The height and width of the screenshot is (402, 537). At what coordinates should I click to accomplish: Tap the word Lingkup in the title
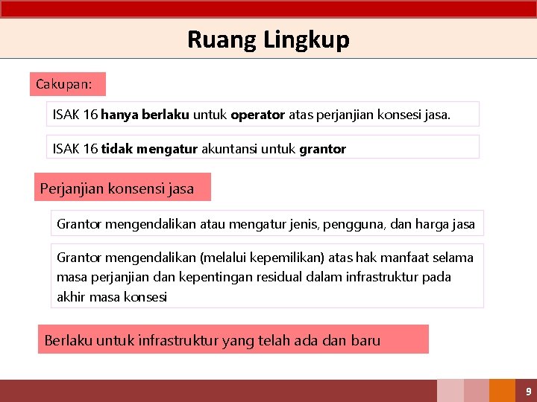tap(306, 39)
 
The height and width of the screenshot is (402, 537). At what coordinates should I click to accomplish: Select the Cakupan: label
tap(64, 84)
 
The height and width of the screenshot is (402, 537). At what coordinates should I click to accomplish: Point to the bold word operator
tap(257, 115)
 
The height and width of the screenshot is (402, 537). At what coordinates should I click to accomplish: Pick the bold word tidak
tap(118, 149)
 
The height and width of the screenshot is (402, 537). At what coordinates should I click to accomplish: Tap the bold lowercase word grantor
tap(322, 149)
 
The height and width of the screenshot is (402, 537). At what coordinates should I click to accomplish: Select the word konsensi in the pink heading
tap(138, 188)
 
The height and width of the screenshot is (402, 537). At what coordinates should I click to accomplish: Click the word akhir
tap(72, 296)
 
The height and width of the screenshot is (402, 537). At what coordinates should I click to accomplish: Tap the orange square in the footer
tap(503, 391)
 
